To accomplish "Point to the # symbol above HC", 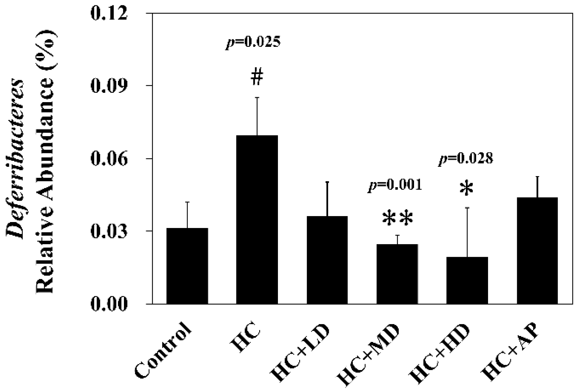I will [x=257, y=78].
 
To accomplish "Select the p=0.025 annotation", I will [x=253, y=42].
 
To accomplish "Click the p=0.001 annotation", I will [x=395, y=186].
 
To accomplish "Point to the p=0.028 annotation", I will [x=466, y=159].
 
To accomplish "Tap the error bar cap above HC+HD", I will [x=467, y=208].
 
